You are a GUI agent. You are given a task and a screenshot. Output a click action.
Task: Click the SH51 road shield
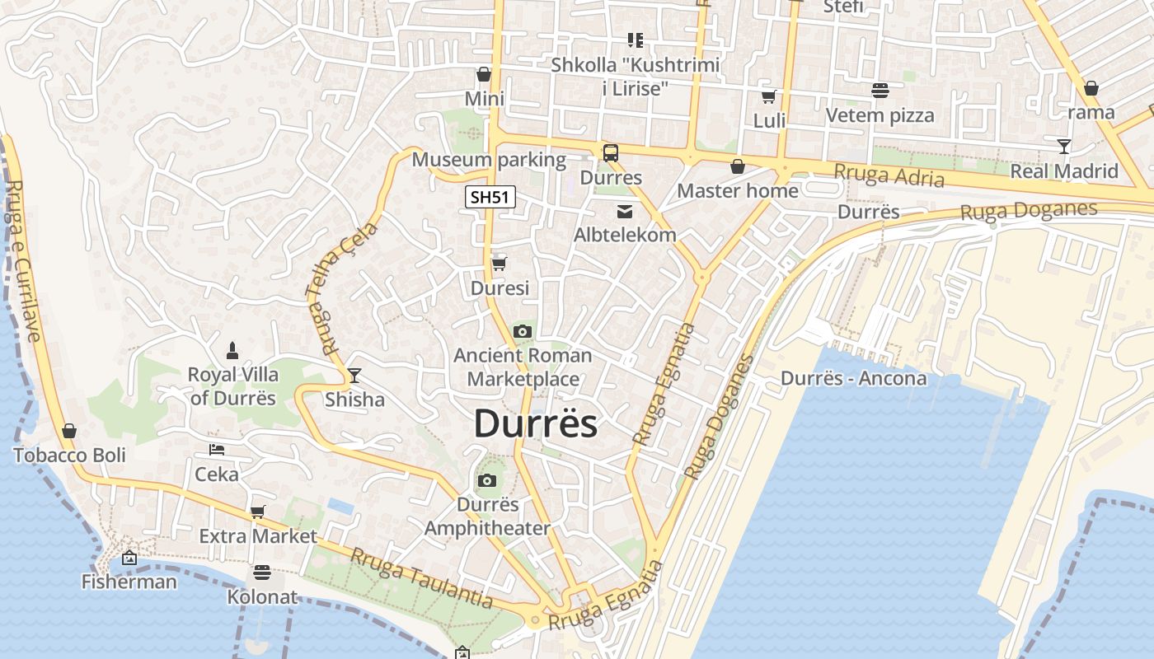(490, 197)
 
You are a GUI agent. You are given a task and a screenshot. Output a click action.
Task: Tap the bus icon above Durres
(611, 152)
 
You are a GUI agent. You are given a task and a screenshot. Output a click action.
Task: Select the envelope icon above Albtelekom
(625, 212)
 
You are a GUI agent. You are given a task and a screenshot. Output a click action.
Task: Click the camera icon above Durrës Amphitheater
(487, 480)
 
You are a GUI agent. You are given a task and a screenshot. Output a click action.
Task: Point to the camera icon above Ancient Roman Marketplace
(522, 331)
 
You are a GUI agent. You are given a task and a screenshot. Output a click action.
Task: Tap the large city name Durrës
(535, 423)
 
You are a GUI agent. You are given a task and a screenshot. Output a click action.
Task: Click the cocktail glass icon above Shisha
(354, 376)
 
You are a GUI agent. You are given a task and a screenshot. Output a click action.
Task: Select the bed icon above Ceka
(217, 450)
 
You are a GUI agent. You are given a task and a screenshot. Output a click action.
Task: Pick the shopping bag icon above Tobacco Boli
(69, 431)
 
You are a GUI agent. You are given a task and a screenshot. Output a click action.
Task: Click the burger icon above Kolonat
(262, 572)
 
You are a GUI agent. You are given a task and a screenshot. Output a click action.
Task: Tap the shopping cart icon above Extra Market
(258, 512)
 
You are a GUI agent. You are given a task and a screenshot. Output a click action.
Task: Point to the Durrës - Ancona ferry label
(853, 378)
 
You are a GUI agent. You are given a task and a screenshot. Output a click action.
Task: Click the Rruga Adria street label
(889, 175)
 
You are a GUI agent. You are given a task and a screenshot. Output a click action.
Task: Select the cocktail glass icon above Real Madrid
(1064, 147)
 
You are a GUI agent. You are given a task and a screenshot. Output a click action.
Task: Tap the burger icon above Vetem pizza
(880, 91)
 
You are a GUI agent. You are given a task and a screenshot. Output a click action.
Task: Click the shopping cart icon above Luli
(769, 96)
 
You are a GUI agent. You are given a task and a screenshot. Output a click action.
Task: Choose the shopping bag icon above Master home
(738, 166)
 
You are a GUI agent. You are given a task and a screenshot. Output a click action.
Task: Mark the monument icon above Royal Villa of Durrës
(233, 350)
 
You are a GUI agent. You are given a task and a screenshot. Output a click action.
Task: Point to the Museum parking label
(489, 159)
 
